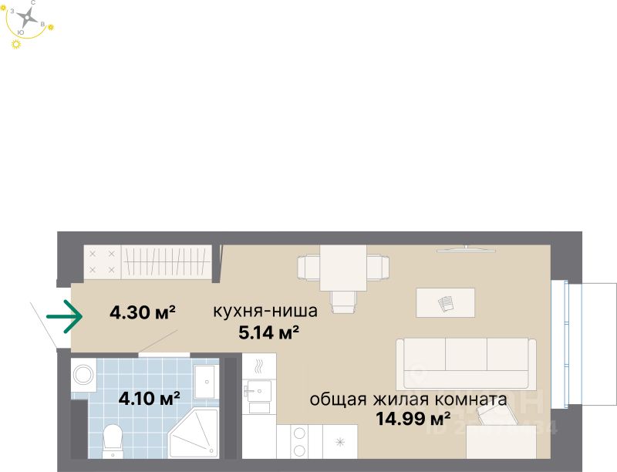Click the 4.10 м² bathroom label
(149, 399)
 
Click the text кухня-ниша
(265, 312)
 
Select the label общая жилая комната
(408, 400)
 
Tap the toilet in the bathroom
(113, 440)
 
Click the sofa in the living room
(466, 362)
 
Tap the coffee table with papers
(446, 302)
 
